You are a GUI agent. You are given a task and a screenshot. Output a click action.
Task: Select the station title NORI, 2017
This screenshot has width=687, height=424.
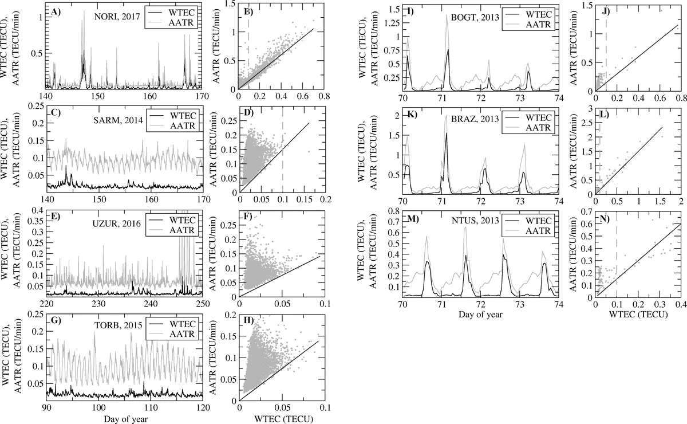pyautogui.click(x=113, y=17)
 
